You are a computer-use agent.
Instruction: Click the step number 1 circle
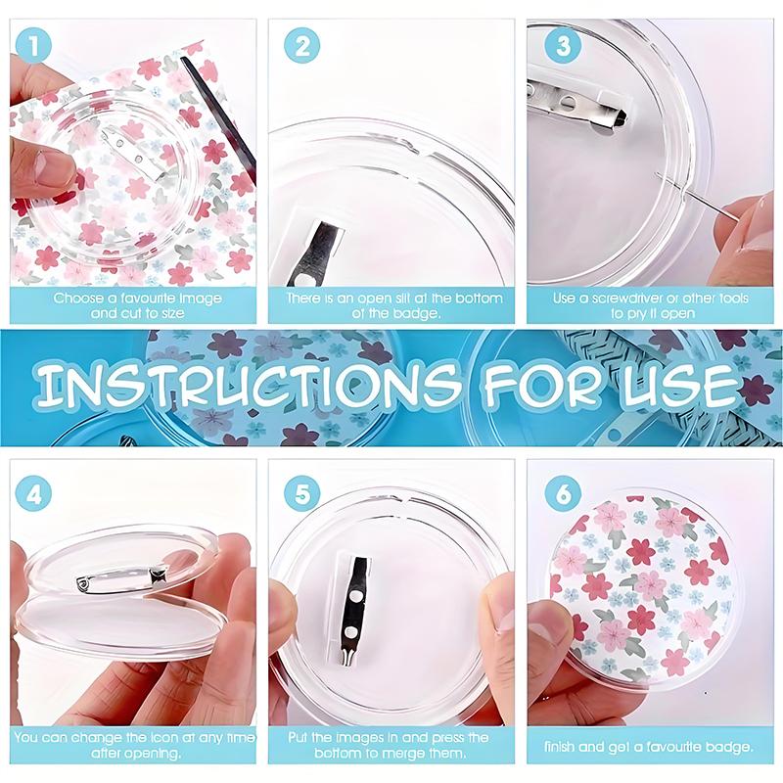[x=34, y=46]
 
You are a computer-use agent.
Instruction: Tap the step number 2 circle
[x=302, y=46]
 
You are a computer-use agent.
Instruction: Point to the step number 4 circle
[x=34, y=495]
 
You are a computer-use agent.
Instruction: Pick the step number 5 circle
[x=302, y=495]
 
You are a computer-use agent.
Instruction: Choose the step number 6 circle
[x=563, y=494]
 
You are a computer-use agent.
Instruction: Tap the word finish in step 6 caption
[x=560, y=747]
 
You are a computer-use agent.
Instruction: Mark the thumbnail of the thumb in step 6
[x=543, y=622]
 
